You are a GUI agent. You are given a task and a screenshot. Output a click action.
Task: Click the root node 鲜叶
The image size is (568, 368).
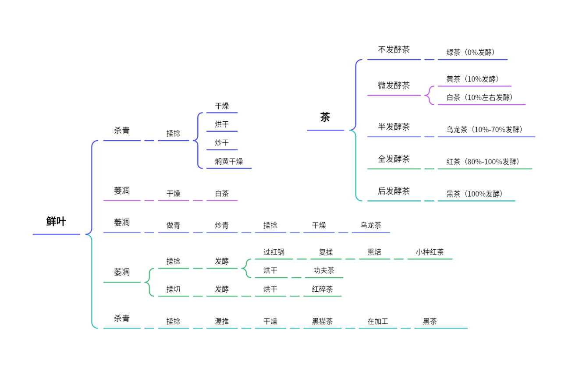coord(56,222)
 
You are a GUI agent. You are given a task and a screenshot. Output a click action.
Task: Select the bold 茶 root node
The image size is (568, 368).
coord(325,117)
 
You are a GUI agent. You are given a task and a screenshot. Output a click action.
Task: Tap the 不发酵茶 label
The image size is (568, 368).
coord(394,50)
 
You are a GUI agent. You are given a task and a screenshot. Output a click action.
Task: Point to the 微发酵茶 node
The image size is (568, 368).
coord(394,85)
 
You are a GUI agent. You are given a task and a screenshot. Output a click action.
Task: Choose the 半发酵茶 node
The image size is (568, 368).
coord(394,127)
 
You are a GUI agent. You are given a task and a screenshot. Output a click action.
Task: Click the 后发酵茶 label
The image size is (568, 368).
coord(394,191)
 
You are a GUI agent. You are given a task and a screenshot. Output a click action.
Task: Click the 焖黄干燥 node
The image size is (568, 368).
coord(229,161)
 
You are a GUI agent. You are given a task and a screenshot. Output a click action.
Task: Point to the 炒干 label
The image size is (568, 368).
coord(222,143)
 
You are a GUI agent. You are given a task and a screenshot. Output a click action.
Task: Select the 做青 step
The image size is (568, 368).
coord(173,226)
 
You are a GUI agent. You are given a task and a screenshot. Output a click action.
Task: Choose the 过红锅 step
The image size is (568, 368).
coord(274,252)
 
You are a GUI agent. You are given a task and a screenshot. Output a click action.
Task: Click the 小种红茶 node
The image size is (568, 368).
coord(430,252)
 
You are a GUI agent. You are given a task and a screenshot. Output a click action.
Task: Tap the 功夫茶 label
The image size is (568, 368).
coord(324,271)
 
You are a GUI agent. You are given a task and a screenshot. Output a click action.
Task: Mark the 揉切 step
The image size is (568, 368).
coord(173,289)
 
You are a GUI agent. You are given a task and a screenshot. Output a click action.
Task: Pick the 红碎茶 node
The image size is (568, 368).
coord(322,289)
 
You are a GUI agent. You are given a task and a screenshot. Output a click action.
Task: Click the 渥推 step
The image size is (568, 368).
coord(222,322)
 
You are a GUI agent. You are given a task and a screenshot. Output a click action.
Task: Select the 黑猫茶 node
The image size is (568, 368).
coord(322,322)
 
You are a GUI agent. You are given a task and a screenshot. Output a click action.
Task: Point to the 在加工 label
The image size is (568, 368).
coord(378,322)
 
